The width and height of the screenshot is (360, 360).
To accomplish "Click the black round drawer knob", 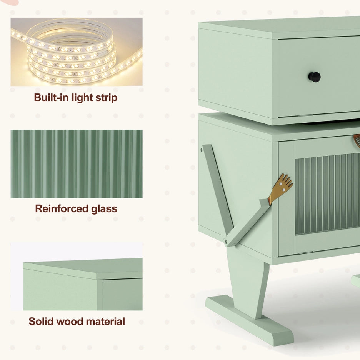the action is [314, 77].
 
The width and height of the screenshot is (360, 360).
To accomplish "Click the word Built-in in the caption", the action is [52, 97].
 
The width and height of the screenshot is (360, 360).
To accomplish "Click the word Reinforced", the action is [62, 209].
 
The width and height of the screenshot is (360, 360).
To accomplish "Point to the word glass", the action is [104, 209].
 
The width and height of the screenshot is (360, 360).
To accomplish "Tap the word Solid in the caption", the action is [40, 322].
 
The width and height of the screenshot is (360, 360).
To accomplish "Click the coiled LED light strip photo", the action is [77, 52].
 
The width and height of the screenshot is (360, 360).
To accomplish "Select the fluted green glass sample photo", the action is [77, 164].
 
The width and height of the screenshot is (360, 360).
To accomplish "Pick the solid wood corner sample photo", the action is [77, 276].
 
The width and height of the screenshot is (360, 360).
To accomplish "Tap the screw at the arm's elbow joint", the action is [226, 241].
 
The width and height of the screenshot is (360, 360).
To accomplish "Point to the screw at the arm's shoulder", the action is [202, 150].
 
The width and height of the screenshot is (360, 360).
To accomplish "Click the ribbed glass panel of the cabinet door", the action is [327, 194].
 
